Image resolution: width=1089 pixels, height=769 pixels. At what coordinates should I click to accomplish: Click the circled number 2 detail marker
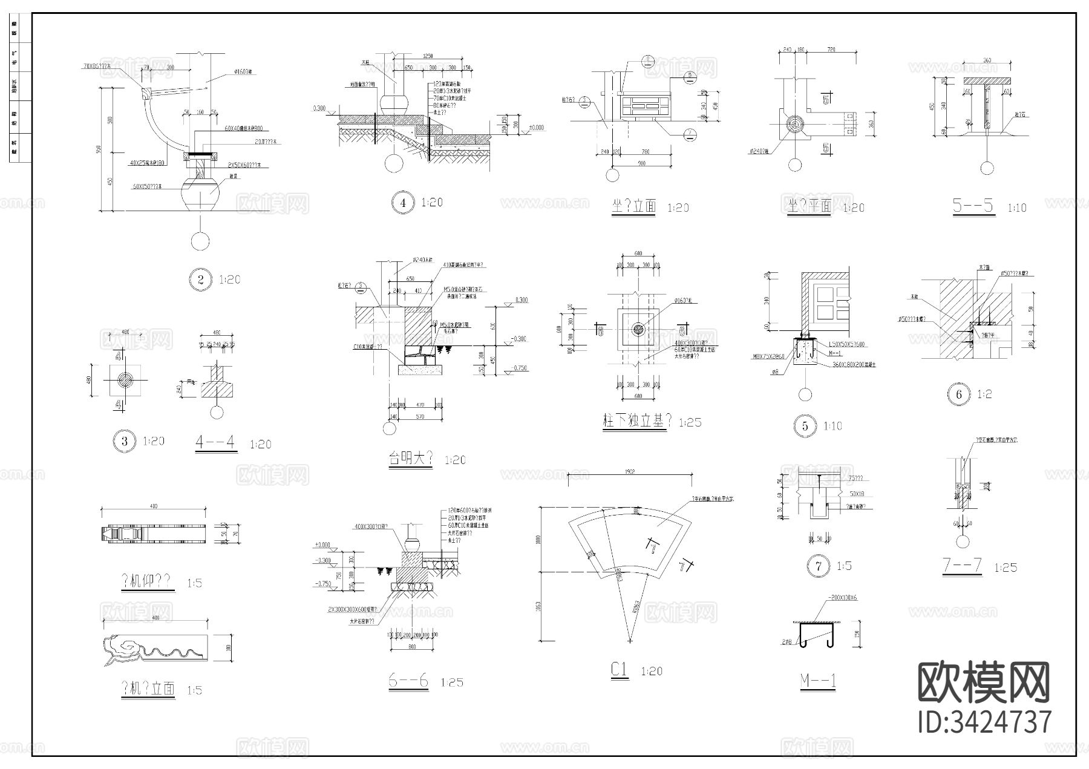point(201,280)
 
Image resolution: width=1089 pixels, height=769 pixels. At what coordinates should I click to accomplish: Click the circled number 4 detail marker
point(402,203)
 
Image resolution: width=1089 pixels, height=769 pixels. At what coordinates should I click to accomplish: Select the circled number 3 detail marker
point(125,441)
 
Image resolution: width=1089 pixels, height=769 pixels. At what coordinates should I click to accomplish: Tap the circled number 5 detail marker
point(805,425)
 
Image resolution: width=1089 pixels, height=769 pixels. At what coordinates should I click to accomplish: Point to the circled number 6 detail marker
point(959,394)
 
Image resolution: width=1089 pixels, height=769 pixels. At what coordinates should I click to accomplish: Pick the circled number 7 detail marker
point(819,566)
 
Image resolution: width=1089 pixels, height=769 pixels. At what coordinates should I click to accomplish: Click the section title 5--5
point(973,206)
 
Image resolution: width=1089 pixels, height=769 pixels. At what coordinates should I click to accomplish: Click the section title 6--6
point(408,681)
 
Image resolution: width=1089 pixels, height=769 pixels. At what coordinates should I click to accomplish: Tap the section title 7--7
point(962,566)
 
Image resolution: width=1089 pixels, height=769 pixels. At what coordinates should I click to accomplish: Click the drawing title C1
point(620,670)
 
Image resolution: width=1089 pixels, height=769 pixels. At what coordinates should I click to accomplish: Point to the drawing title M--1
point(818,681)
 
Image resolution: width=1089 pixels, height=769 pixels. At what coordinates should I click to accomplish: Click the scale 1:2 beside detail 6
point(985,394)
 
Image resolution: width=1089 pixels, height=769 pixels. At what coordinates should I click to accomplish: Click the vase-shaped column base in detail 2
point(200,192)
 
